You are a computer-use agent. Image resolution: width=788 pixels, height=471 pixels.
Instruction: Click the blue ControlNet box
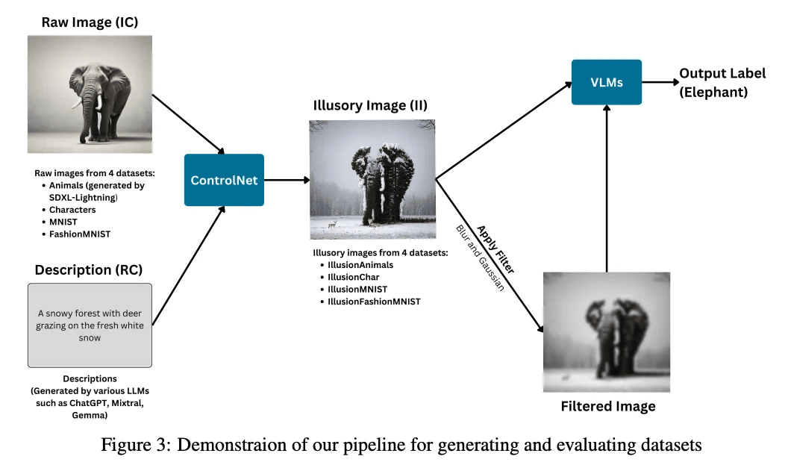point(224,180)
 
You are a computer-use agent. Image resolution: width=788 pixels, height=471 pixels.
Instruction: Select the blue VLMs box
point(607,82)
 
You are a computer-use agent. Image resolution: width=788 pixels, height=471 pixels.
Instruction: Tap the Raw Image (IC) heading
point(90,22)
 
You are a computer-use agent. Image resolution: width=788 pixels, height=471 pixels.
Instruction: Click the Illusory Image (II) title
point(370,105)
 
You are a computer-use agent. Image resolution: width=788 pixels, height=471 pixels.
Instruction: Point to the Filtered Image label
point(608,406)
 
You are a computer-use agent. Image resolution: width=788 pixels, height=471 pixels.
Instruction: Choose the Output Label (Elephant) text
point(722,83)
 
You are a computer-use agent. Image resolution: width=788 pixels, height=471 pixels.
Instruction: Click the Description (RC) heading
point(89,270)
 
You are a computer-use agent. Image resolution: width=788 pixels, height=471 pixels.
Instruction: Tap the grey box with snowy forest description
point(90,325)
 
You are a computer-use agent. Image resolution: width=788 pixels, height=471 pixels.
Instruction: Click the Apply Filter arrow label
point(495,249)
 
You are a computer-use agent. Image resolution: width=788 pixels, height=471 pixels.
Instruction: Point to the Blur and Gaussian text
point(480,258)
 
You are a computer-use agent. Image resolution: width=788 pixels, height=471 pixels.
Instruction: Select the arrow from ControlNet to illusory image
point(287,180)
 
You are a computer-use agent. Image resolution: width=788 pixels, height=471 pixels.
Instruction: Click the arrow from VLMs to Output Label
point(660,82)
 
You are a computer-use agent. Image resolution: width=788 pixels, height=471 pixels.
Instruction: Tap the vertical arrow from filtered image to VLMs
point(607,189)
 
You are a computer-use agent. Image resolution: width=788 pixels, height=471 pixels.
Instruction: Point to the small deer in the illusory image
point(332,224)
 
